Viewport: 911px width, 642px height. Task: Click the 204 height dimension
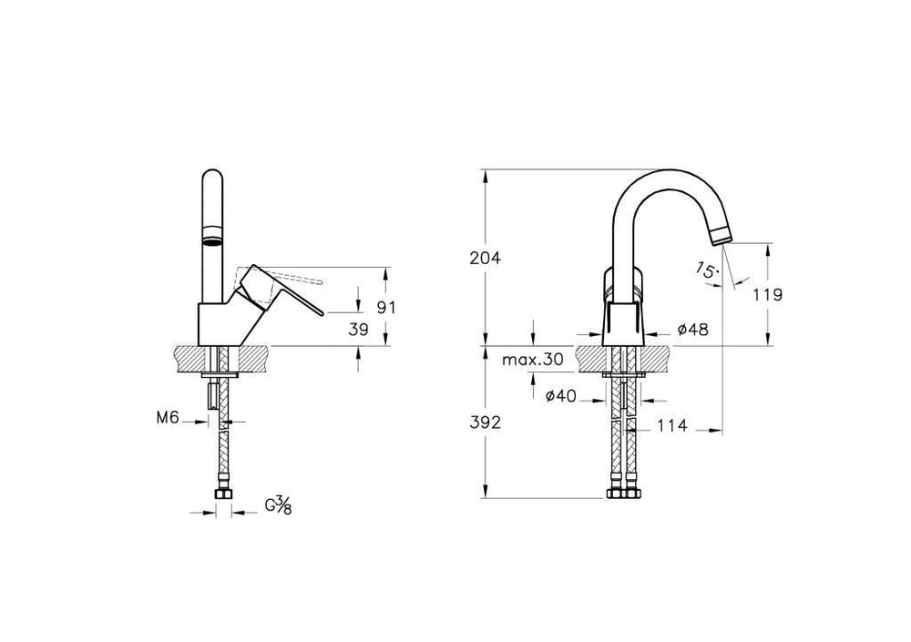486,258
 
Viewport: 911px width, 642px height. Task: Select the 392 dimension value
486,423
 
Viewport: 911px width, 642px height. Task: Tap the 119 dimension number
769,294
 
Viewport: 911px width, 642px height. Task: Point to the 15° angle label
703,269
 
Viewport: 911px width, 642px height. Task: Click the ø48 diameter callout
693,330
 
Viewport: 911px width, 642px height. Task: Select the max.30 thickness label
533,360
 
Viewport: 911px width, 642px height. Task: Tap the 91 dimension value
386,308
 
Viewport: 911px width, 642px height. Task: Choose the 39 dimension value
359,330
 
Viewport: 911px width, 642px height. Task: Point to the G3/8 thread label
279,506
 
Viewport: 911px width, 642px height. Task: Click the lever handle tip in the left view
319,313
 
